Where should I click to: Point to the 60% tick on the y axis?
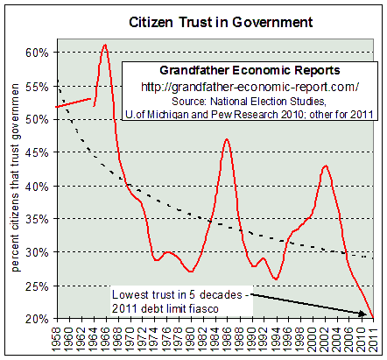(x=35, y=53)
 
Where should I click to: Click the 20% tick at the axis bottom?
(x=35, y=319)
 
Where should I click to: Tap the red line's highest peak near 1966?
(x=105, y=45)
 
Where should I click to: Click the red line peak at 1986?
(x=227, y=139)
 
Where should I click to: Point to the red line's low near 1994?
(x=276, y=279)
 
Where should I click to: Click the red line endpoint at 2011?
(x=374, y=318)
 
